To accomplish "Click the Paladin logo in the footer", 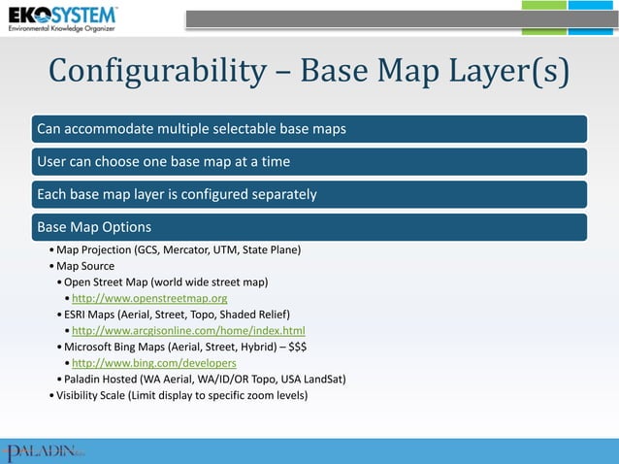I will [x=45, y=450].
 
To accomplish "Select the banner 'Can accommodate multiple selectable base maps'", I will [x=310, y=128].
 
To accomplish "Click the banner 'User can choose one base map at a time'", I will [x=310, y=161].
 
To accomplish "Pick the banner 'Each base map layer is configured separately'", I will [x=310, y=194].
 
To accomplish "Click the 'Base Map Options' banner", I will [x=310, y=227].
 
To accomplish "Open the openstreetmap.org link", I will [x=149, y=298].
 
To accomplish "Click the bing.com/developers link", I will [x=153, y=363].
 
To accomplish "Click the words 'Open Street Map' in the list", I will [x=106, y=282].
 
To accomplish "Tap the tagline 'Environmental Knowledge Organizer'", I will [x=62, y=30].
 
